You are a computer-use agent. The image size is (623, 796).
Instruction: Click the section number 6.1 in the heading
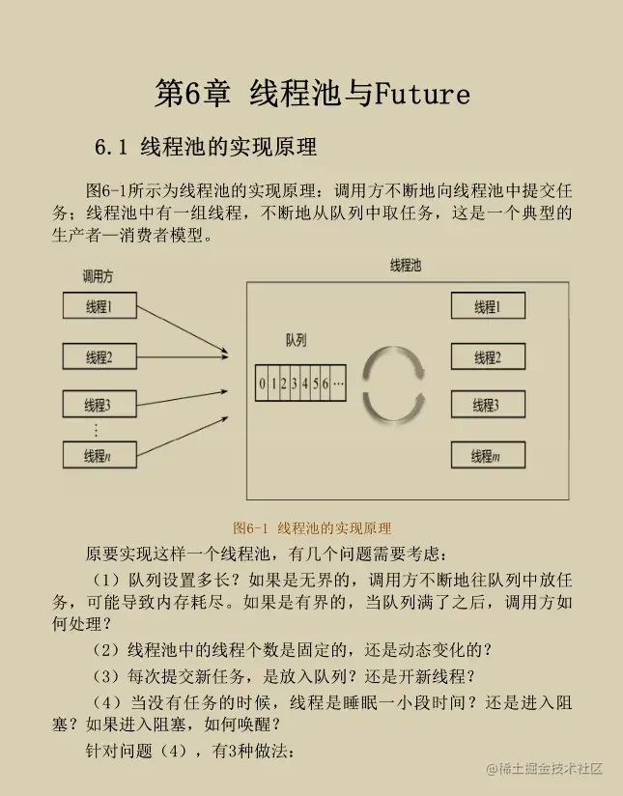[x=111, y=148]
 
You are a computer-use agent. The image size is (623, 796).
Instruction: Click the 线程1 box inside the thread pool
[x=487, y=307]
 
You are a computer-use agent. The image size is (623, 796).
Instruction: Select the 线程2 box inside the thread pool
[x=487, y=357]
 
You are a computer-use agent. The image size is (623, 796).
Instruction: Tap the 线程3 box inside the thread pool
[x=487, y=406]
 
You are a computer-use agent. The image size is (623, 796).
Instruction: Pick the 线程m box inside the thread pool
[x=487, y=455]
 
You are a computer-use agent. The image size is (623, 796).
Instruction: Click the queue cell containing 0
[x=262, y=384]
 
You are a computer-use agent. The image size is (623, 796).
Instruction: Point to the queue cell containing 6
[x=326, y=384]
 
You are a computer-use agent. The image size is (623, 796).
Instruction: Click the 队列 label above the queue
[x=296, y=341]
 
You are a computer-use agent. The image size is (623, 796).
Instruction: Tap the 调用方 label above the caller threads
[x=98, y=276]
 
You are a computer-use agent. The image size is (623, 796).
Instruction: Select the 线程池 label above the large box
[x=405, y=266]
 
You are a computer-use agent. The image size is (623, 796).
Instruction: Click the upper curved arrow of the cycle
[x=393, y=362]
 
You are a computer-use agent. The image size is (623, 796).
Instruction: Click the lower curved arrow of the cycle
[x=393, y=405]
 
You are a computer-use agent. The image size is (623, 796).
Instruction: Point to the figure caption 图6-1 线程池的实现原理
[x=312, y=528]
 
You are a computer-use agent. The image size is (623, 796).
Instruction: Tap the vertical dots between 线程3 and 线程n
[x=97, y=429]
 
